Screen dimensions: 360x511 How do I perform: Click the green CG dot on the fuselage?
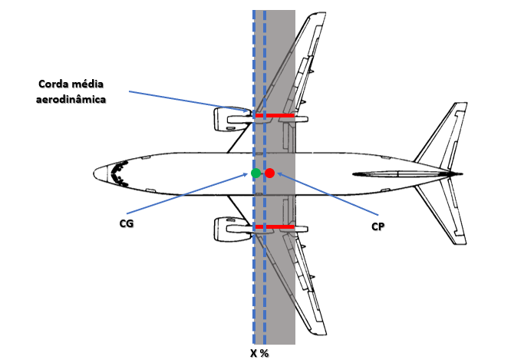coord(255,173)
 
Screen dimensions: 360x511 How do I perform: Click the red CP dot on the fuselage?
coord(269,173)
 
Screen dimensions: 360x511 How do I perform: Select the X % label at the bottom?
coord(259,353)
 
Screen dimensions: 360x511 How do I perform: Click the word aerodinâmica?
coord(74,99)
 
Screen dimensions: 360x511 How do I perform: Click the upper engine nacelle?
coord(228,119)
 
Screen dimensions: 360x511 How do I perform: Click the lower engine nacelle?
coord(228,226)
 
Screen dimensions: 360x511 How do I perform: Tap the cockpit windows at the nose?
coord(119,172)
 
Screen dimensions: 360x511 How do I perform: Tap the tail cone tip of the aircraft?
coord(463,173)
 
